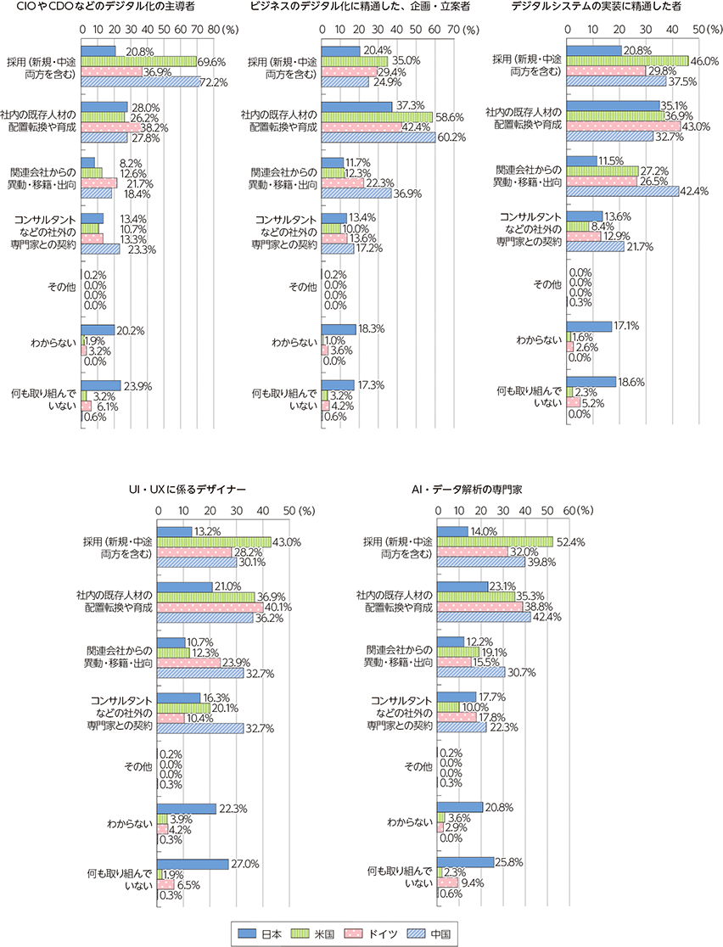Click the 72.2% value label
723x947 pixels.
click(215, 82)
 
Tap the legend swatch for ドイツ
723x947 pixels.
click(354, 933)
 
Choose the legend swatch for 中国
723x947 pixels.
click(418, 933)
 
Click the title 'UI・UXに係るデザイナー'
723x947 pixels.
click(188, 490)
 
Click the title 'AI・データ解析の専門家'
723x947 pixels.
click(467, 490)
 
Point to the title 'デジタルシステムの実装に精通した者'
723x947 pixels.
click(597, 7)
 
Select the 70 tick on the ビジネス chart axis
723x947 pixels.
click(451, 28)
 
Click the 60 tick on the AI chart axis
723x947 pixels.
click(569, 510)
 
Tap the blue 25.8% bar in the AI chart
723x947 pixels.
click(465, 862)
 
